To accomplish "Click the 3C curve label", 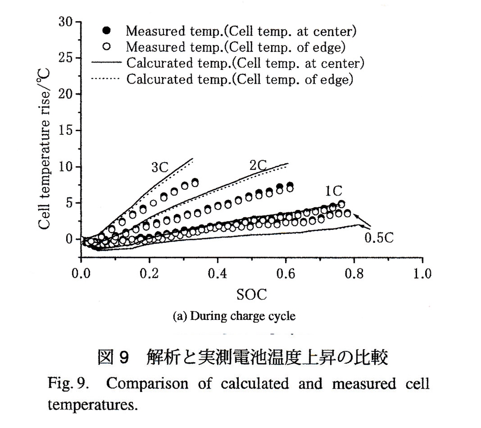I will [x=160, y=168].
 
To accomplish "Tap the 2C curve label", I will [x=258, y=165].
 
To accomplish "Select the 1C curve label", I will [x=333, y=191].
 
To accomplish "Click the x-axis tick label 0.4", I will [x=217, y=274].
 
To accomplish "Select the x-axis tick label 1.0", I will [x=422, y=274].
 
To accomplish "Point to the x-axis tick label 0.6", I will [x=286, y=274].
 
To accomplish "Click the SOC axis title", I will [x=251, y=295].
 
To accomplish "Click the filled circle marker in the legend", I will [x=107, y=31].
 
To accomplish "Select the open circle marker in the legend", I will [x=107, y=47].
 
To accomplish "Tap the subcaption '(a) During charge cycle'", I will [x=234, y=316].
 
